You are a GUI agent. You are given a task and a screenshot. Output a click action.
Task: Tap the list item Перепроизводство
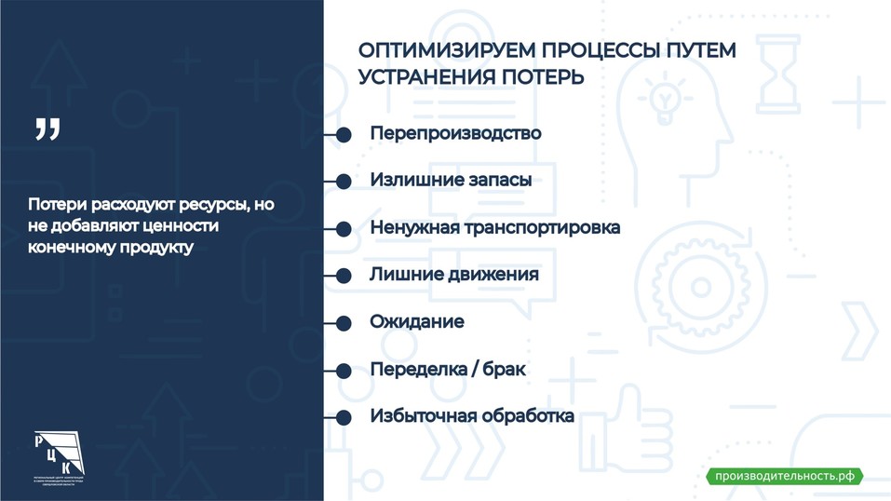click(x=455, y=133)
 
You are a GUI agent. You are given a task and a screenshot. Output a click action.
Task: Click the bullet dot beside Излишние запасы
click(x=343, y=182)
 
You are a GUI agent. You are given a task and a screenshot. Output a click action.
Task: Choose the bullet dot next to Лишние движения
click(x=343, y=276)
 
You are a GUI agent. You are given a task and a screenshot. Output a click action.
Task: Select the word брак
click(x=505, y=370)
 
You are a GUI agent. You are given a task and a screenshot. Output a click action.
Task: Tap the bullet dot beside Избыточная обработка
click(x=343, y=417)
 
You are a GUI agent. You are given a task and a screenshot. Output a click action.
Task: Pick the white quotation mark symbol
click(x=47, y=130)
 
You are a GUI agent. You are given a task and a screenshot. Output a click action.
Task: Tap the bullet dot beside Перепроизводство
click(x=343, y=134)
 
